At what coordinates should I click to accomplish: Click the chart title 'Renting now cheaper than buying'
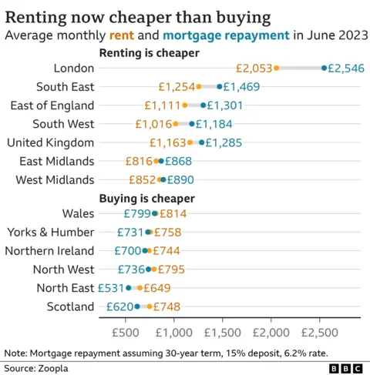(x=138, y=15)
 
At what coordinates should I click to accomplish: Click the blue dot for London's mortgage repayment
(x=324, y=69)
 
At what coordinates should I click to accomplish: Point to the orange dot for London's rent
(x=276, y=69)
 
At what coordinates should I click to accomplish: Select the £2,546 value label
(x=346, y=69)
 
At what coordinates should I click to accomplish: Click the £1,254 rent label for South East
(x=177, y=87)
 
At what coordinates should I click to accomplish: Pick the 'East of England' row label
(x=50, y=105)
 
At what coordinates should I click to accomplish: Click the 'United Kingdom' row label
(x=50, y=142)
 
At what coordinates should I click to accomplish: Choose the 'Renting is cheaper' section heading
(x=149, y=53)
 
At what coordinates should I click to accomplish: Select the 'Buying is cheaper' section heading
(x=146, y=198)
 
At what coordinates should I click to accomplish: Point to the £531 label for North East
(x=111, y=287)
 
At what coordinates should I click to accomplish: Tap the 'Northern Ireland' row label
(x=49, y=250)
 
